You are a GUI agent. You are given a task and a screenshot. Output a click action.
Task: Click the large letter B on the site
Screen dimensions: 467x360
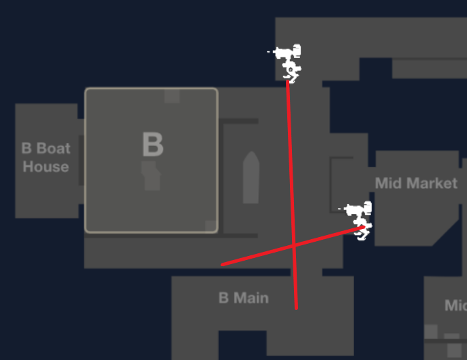click(152, 145)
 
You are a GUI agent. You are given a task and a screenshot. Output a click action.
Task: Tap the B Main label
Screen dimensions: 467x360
click(243, 298)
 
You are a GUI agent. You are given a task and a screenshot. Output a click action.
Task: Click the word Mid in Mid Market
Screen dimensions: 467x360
click(387, 183)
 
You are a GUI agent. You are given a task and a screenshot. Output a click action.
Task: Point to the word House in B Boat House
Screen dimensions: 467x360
click(45, 167)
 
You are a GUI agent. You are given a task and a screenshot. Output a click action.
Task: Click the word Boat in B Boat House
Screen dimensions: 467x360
click(53, 149)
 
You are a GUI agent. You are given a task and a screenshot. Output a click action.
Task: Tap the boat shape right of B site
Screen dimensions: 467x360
click(251, 178)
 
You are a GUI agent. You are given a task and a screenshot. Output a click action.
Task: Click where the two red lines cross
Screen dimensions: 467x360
click(294, 245)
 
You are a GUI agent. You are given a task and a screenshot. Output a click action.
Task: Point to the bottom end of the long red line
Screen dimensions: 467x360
click(296, 308)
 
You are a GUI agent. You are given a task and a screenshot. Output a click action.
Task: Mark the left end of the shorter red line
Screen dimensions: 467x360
click(222, 265)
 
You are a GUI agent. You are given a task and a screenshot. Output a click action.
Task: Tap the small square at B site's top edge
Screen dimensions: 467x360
click(172, 96)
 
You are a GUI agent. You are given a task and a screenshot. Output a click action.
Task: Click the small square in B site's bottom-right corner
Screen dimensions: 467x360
click(210, 226)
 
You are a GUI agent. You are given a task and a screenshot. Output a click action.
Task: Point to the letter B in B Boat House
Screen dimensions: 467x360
click(26, 149)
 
